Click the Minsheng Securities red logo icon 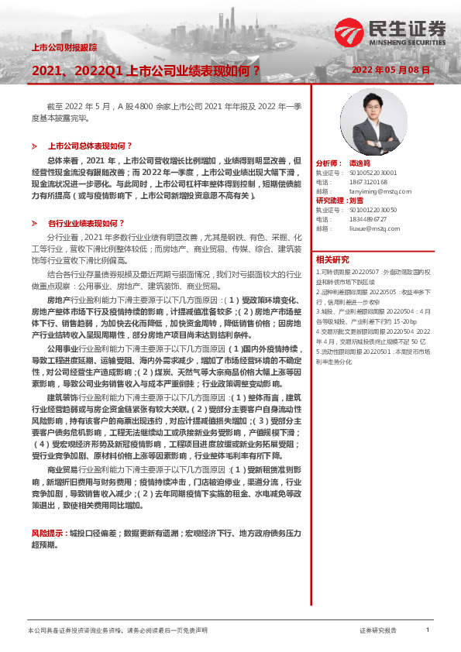pos(346,31)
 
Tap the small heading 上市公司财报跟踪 pos(64,47)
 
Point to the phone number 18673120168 pos(367,181)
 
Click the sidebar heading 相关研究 pos(332,259)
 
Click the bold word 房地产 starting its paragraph pos(59,298)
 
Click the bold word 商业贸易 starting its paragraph pos(61,469)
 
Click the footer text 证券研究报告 pos(378,630)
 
